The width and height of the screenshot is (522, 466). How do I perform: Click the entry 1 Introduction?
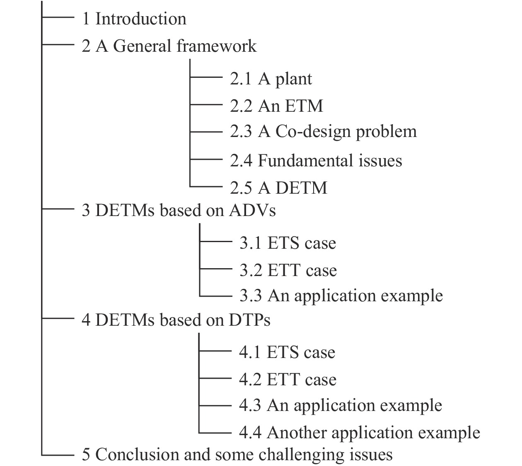(134, 19)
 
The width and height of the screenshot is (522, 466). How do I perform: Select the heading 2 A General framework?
(169, 46)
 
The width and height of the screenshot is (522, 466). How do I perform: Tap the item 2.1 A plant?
(271, 79)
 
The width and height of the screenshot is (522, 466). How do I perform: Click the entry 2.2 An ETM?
(276, 106)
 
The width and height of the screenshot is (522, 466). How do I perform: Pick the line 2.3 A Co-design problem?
(323, 132)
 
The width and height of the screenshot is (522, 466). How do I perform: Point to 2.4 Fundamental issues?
(316, 161)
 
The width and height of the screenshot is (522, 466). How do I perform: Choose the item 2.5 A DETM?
(278, 188)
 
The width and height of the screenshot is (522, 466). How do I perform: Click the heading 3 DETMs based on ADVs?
(179, 211)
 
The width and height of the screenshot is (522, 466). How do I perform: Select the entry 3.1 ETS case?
(288, 243)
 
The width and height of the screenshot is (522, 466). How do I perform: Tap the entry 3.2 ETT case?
(288, 270)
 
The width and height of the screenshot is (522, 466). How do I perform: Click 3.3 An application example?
(341, 296)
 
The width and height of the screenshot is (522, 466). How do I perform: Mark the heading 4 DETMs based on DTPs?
(176, 320)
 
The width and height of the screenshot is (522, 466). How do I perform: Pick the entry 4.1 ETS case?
(287, 352)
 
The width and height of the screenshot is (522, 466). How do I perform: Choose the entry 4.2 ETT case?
(288, 380)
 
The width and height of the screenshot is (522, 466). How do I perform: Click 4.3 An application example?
(340, 405)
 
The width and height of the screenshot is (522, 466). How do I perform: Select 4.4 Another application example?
(359, 432)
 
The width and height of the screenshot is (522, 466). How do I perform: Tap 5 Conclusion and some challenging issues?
(237, 454)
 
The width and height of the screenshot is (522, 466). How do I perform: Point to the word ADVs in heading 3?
(252, 211)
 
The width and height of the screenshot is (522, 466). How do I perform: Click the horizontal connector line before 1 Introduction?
(58, 17)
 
